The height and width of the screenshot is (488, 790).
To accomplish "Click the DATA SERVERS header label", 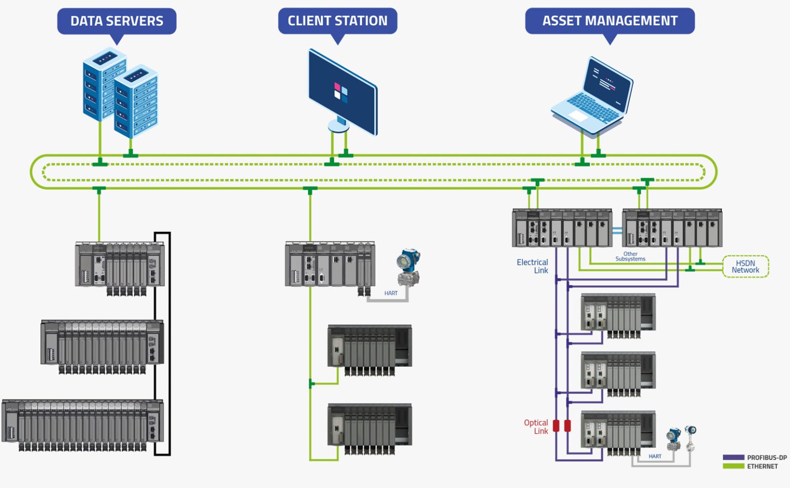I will tap(117, 21).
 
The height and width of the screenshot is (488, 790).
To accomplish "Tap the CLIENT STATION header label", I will tap(337, 21).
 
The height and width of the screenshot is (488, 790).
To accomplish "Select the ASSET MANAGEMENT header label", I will tap(610, 21).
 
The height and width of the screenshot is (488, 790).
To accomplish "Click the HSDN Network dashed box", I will tap(746, 266).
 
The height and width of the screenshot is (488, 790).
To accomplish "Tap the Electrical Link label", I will tap(533, 266).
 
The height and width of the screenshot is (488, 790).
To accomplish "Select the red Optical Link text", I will tap(536, 427).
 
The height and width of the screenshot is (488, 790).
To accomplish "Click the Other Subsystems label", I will tap(630, 256).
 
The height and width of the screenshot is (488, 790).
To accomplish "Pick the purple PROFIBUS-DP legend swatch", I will tap(733, 457).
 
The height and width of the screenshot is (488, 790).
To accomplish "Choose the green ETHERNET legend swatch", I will tap(733, 466).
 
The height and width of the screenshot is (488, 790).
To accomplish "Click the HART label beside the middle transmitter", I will tap(391, 293).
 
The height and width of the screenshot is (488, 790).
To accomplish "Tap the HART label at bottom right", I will tap(655, 456).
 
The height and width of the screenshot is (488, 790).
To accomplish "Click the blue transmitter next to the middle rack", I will tap(408, 266).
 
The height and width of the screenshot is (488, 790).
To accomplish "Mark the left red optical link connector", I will tap(556, 426).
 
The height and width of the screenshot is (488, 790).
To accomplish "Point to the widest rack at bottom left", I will tap(83, 424).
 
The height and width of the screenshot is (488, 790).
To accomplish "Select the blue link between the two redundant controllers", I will tap(617, 230).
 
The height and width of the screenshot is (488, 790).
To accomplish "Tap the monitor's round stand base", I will tap(338, 127).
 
